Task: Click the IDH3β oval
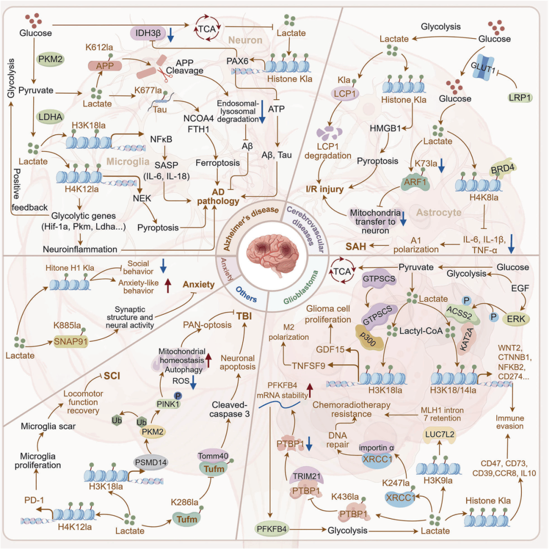[148, 33]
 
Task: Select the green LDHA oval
[50, 117]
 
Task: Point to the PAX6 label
[237, 61]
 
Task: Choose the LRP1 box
[519, 97]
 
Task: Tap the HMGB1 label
[385, 128]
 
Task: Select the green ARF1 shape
[416, 182]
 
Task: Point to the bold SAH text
[356, 246]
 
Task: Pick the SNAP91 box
[71, 341]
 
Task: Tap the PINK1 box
[168, 404]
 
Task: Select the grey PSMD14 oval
[151, 462]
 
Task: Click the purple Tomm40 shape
[213, 456]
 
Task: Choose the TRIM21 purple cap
[307, 476]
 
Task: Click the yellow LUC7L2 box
[439, 434]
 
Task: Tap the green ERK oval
[516, 319]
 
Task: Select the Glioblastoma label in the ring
[301, 287]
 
